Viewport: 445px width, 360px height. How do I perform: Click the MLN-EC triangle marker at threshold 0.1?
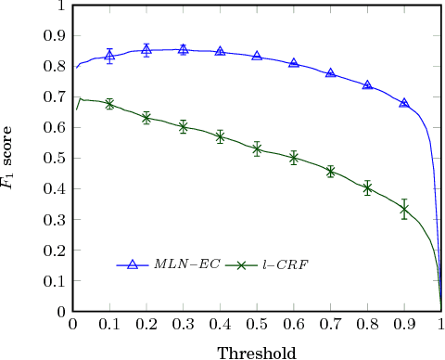pos(109,56)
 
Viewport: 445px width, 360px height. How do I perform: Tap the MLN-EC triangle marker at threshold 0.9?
pos(404,102)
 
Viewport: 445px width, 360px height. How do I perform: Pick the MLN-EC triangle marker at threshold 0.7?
pos(331,72)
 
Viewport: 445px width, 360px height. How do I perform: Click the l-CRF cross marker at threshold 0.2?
pos(146,118)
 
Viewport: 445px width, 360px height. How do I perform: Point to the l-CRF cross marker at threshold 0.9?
pos(404,210)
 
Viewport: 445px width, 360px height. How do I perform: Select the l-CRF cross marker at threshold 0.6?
pos(294,158)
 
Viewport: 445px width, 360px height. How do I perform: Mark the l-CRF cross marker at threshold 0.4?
pos(220,136)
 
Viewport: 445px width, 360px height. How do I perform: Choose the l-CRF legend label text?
pos(286,265)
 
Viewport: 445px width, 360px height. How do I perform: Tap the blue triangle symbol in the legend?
pos(133,264)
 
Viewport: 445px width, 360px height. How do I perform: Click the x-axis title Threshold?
pos(257,353)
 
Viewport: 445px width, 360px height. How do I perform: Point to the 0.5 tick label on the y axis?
pos(55,159)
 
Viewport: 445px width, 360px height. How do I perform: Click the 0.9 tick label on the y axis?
pos(55,35)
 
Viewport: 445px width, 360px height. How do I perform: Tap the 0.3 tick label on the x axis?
pos(184,325)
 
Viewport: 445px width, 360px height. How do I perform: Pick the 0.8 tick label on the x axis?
pos(367,325)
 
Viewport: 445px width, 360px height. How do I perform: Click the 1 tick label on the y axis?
pos(60,5)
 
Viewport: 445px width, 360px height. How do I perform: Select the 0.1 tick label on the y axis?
pos(55,282)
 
